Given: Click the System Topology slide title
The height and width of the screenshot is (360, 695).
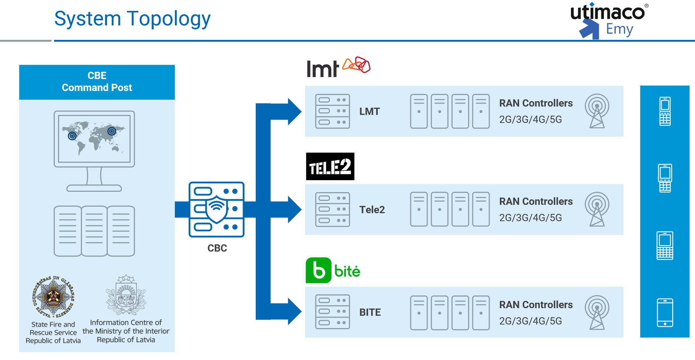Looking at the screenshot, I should (x=132, y=19).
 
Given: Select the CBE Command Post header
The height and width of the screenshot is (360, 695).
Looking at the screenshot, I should (x=97, y=82).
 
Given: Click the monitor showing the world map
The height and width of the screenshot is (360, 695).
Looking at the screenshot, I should (x=94, y=140).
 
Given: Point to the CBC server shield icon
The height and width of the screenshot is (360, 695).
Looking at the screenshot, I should (x=217, y=210).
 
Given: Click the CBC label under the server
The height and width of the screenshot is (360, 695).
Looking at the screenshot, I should (x=217, y=248).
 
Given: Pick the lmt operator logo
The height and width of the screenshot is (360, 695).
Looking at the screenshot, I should (x=338, y=67).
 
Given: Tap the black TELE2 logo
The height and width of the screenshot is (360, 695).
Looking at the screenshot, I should (x=330, y=166).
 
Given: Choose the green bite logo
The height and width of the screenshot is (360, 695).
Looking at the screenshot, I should (x=333, y=270).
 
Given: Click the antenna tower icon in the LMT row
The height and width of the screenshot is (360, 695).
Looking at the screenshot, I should (x=597, y=111).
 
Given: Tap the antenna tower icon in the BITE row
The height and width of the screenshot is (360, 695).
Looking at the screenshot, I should (x=597, y=313).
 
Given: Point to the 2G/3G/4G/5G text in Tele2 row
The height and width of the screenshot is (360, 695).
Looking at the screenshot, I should (x=530, y=218).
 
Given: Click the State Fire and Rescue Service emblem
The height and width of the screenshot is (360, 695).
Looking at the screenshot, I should (x=53, y=297).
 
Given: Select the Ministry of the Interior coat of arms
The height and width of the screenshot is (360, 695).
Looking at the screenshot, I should (x=126, y=295).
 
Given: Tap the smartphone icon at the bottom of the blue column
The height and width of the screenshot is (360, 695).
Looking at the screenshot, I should (x=665, y=313).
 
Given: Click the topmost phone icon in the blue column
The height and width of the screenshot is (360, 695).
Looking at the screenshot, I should (x=665, y=111).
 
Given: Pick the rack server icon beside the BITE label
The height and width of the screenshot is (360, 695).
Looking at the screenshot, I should (x=332, y=312).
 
